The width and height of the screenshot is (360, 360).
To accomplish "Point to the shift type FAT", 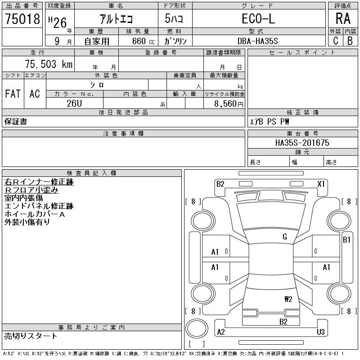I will coord(13,94).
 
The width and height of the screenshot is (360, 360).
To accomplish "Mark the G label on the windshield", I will coord(285,237).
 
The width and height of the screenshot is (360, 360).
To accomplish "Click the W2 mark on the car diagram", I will coord(288,298).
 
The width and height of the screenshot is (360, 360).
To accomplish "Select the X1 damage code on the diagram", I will coord(321,184).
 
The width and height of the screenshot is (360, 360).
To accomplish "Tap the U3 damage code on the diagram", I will coord(321,332).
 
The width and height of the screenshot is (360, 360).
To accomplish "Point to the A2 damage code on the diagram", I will coord(220,332).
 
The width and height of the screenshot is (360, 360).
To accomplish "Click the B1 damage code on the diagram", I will coord(346,240).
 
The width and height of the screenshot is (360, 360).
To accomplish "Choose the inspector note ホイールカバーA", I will coord(35,214).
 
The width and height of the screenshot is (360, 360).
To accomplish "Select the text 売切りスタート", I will coord(31,336).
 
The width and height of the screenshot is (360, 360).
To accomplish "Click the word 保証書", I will coord(16,122).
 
